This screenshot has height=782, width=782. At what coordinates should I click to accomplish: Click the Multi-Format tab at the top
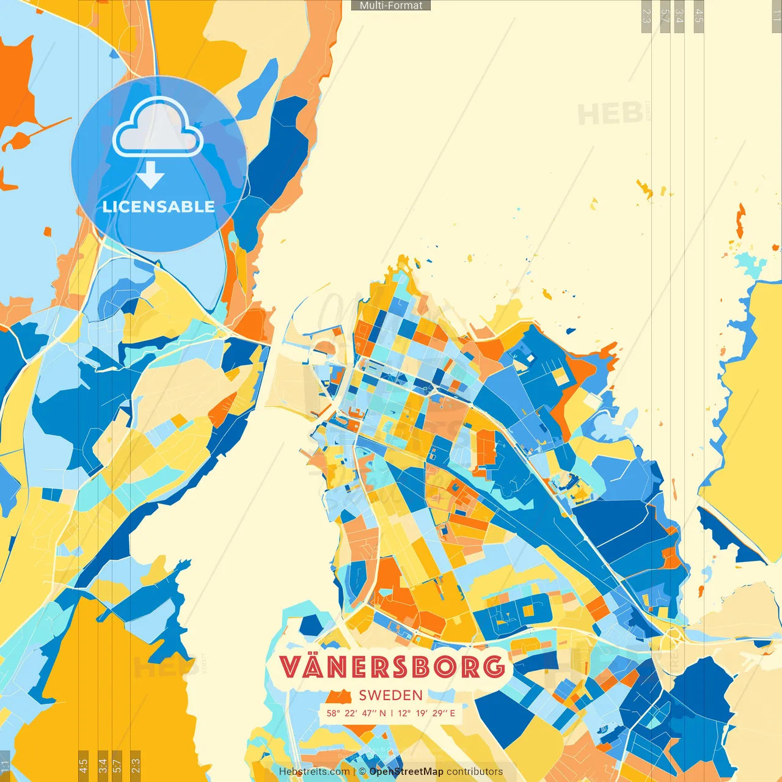click(391, 5)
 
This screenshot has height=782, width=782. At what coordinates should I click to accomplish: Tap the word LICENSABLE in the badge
click(159, 206)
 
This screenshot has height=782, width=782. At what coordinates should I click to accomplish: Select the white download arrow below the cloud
click(150, 175)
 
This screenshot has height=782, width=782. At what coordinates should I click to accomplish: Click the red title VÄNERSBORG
click(392, 667)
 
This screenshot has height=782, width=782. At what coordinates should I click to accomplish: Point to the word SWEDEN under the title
click(391, 695)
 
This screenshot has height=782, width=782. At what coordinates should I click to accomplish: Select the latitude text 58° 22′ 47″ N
click(356, 713)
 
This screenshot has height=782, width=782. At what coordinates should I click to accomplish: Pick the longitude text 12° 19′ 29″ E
click(426, 713)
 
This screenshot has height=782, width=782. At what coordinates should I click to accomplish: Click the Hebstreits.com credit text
click(314, 772)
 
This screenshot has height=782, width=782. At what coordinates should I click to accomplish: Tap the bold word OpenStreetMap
click(406, 772)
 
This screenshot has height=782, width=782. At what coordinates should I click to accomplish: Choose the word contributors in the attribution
click(475, 772)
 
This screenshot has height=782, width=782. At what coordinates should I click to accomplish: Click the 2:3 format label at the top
click(646, 16)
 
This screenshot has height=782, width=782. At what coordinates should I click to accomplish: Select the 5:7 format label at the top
click(665, 16)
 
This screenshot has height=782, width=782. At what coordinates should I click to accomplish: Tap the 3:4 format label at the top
click(679, 16)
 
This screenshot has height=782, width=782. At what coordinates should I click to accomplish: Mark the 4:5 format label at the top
click(699, 16)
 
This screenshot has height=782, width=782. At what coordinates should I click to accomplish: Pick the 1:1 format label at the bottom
click(5, 766)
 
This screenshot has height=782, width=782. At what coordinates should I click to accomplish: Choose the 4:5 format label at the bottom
click(83, 766)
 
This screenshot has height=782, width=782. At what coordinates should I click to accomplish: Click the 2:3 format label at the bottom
click(135, 766)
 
